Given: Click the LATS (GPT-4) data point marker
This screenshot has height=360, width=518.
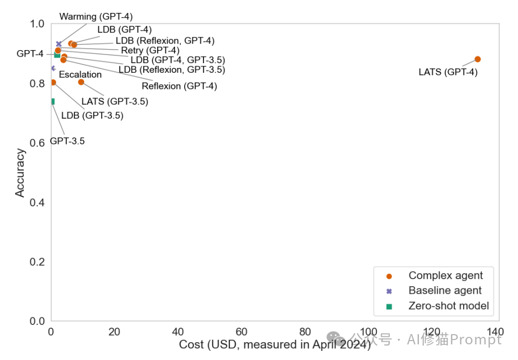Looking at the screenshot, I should click(477, 59).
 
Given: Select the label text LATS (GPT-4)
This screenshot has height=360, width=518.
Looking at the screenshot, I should click(448, 72).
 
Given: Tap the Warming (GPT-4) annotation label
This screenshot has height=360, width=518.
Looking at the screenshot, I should click(96, 17).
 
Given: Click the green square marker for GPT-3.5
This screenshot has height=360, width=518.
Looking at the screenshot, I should click(52, 101).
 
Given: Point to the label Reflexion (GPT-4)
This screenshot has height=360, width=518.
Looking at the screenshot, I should click(179, 86).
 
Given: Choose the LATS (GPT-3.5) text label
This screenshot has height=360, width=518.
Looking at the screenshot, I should click(115, 101).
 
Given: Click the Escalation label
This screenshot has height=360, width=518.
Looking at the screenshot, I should click(80, 75).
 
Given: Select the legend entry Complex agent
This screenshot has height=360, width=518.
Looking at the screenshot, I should click(445, 276).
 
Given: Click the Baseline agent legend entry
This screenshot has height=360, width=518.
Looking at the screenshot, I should click(445, 291).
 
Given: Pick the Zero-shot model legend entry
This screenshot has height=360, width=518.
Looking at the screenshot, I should click(449, 306).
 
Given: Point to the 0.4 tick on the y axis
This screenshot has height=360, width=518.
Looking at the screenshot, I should click(37, 203).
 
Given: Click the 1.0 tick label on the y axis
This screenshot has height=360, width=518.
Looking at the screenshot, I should click(37, 24).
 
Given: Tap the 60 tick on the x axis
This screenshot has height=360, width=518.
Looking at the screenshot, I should click(242, 332).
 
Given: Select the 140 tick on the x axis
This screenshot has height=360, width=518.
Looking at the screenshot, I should click(495, 332).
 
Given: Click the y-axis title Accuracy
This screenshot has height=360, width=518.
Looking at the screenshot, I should click(20, 172).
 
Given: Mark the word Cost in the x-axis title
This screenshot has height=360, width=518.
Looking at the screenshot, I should click(191, 344).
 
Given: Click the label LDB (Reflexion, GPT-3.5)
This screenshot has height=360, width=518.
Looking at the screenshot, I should click(172, 70).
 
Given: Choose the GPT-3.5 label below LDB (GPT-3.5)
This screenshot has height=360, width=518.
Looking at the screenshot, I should click(67, 142).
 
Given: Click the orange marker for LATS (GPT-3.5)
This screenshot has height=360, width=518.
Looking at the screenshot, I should click(81, 82).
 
